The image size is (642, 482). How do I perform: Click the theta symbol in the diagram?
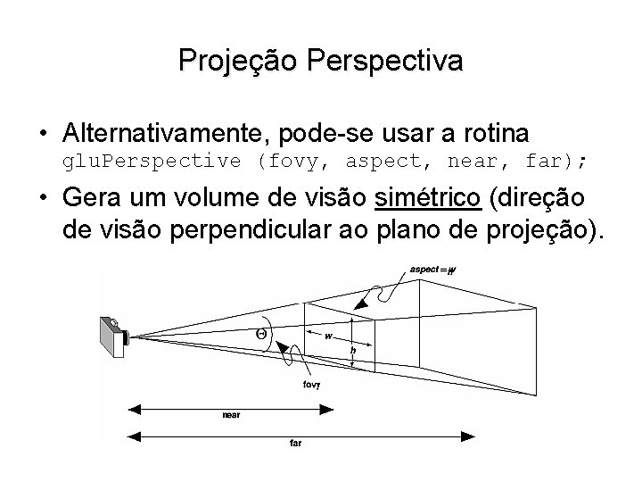click(x=260, y=334)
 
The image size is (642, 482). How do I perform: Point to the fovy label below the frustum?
click(x=311, y=386)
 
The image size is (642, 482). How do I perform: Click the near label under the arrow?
click(x=231, y=415)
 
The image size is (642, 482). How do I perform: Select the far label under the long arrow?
click(x=295, y=443)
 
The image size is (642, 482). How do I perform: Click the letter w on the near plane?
click(x=329, y=337)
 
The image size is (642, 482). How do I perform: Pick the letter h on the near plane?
click(x=354, y=351)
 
